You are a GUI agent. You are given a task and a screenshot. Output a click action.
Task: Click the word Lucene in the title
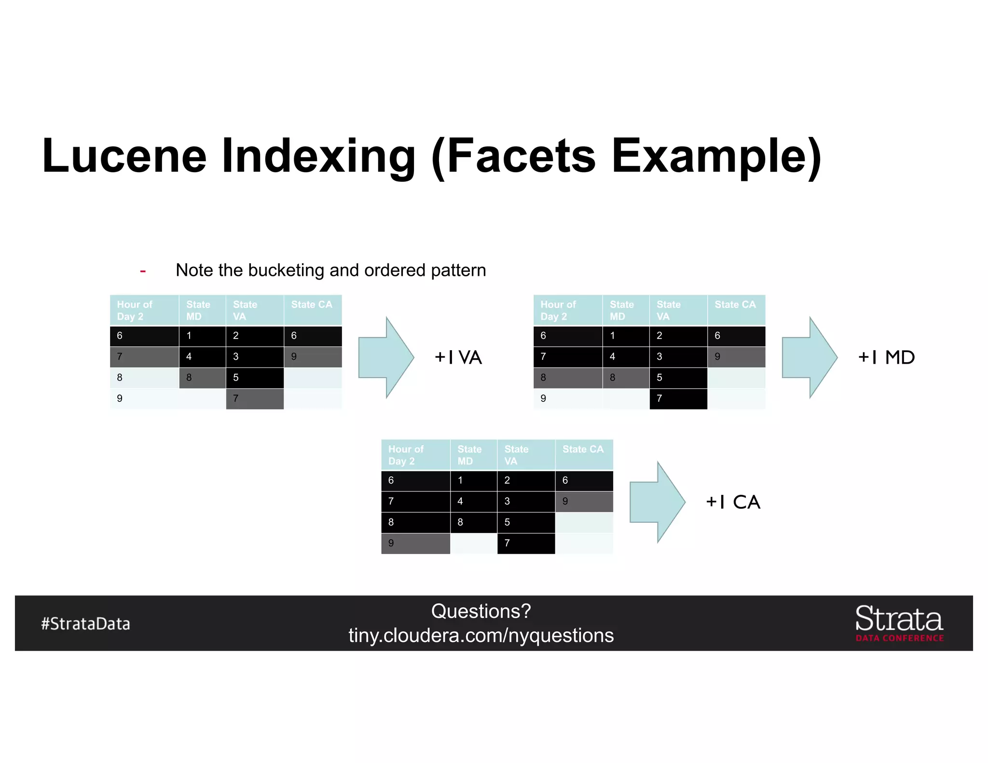tap(124, 156)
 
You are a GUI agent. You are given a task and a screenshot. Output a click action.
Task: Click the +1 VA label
tap(458, 357)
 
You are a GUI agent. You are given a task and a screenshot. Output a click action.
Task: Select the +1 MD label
tap(886, 357)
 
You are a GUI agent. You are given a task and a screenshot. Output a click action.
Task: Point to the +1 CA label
tap(733, 502)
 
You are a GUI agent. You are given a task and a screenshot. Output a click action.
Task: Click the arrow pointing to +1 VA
tap(386, 357)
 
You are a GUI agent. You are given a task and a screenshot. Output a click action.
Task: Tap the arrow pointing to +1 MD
tap(810, 357)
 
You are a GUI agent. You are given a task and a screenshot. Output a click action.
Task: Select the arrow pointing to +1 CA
tap(657, 502)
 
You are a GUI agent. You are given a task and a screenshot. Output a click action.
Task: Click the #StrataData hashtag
tap(85, 624)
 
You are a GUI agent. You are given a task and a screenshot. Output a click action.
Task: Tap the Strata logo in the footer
tap(899, 623)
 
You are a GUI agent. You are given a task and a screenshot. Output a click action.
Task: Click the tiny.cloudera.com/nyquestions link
tap(481, 636)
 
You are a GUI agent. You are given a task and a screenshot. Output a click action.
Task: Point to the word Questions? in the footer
tap(481, 611)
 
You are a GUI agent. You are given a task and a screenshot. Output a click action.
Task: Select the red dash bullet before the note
tap(143, 271)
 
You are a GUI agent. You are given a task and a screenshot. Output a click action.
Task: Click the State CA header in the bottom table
tap(583, 450)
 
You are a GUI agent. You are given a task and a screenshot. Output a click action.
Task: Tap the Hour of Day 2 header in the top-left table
tap(135, 310)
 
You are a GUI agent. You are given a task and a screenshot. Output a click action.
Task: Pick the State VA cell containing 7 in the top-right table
tap(678, 398)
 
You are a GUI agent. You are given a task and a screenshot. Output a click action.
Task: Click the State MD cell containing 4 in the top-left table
tap(202, 356)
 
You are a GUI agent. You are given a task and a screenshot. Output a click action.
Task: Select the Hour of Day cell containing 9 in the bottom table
tap(415, 543)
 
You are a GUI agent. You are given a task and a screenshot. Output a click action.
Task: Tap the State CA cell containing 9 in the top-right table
tap(736, 356)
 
